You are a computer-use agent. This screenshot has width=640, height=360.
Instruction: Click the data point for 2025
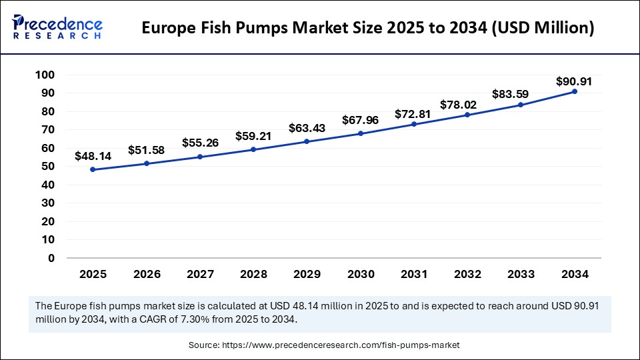coord(93,169)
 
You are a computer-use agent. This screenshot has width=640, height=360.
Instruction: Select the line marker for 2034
coord(574,91)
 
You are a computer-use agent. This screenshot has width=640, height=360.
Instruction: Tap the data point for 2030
coord(360,133)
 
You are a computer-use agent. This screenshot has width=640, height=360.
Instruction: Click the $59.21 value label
coord(253,136)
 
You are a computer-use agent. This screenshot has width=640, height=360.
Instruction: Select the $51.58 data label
coord(146,150)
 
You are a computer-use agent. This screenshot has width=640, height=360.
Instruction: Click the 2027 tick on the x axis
coord(200,274)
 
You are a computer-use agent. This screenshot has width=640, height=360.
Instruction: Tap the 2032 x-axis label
coord(467,274)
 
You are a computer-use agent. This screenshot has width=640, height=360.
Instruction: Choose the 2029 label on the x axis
coord(307,274)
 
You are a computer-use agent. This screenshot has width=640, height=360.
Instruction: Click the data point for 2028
coord(253,149)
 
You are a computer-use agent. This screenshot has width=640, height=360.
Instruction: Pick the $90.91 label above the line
coord(574,81)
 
